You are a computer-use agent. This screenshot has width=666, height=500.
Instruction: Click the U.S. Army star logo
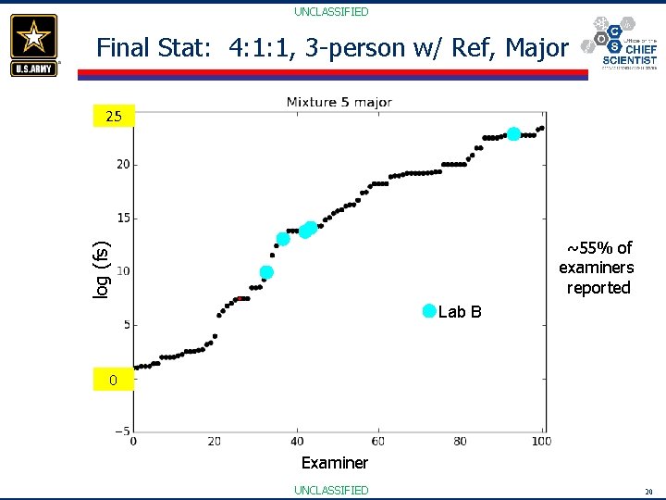pos(34,44)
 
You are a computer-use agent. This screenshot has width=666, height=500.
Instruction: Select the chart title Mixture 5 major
pos(339,102)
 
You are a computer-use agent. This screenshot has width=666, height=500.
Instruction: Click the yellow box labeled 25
pos(114,117)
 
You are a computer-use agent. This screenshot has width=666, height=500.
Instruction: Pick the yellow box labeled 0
pos(113,380)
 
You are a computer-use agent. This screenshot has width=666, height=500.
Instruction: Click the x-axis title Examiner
pos(334,462)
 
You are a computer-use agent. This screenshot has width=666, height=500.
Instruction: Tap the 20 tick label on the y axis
pos(122,165)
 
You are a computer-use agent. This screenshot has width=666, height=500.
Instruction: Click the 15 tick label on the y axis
pos(122,219)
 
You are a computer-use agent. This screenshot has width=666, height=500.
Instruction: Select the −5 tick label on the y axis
pos(121,431)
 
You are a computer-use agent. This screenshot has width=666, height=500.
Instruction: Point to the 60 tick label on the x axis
pos(378,441)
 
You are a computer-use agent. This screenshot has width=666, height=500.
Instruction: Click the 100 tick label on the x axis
pos(541,441)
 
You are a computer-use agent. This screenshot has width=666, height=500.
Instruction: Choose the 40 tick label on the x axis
pos(297,441)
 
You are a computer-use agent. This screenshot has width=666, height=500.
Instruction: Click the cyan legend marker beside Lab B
pos(428,311)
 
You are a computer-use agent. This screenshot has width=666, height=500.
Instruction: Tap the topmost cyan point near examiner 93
pos(513,134)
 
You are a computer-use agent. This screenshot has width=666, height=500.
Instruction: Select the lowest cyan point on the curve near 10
pos(266,272)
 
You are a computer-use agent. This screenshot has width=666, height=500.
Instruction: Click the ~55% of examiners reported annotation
pos(597,268)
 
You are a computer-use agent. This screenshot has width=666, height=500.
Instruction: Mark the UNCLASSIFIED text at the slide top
pos(331,12)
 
